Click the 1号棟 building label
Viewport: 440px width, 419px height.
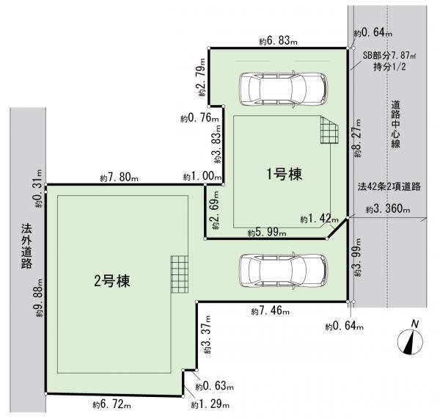click(x=284, y=174)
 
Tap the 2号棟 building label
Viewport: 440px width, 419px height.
click(x=112, y=281)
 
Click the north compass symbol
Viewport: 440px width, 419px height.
click(x=411, y=340)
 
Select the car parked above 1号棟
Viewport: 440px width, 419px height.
click(x=283, y=90)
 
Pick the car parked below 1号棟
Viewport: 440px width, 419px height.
click(x=283, y=271)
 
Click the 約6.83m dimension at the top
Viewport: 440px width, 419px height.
click(x=278, y=41)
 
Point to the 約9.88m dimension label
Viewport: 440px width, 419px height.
click(x=39, y=298)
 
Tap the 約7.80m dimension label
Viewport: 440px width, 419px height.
click(x=119, y=178)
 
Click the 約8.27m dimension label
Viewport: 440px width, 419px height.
click(x=358, y=138)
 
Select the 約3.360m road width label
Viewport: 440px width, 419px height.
click(x=388, y=209)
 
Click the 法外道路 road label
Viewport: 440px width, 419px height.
click(x=26, y=247)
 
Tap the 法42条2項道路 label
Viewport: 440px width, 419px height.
click(x=389, y=187)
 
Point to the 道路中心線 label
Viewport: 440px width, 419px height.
click(x=396, y=125)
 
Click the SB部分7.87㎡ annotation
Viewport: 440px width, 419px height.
click(x=389, y=55)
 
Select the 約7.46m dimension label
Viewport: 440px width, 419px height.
click(x=271, y=311)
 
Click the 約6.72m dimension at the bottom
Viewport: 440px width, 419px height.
click(x=111, y=404)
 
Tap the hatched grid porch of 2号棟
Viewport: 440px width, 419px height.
click(x=179, y=274)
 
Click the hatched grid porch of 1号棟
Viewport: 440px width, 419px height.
click(x=329, y=130)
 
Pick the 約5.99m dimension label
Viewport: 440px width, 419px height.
click(x=267, y=233)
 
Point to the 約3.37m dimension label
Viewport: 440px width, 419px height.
click(x=208, y=334)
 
